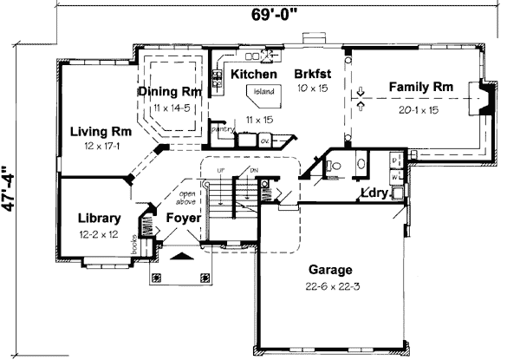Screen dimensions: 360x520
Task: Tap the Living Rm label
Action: pos(101,133)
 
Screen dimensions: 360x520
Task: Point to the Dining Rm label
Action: pos(171,92)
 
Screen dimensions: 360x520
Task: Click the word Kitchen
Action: pos(253,75)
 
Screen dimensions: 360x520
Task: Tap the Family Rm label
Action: pos(420,87)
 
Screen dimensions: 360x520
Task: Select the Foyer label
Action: pos(184,219)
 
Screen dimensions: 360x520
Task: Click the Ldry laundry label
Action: pos(374,193)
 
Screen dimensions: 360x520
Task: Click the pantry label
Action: pos(224,128)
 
